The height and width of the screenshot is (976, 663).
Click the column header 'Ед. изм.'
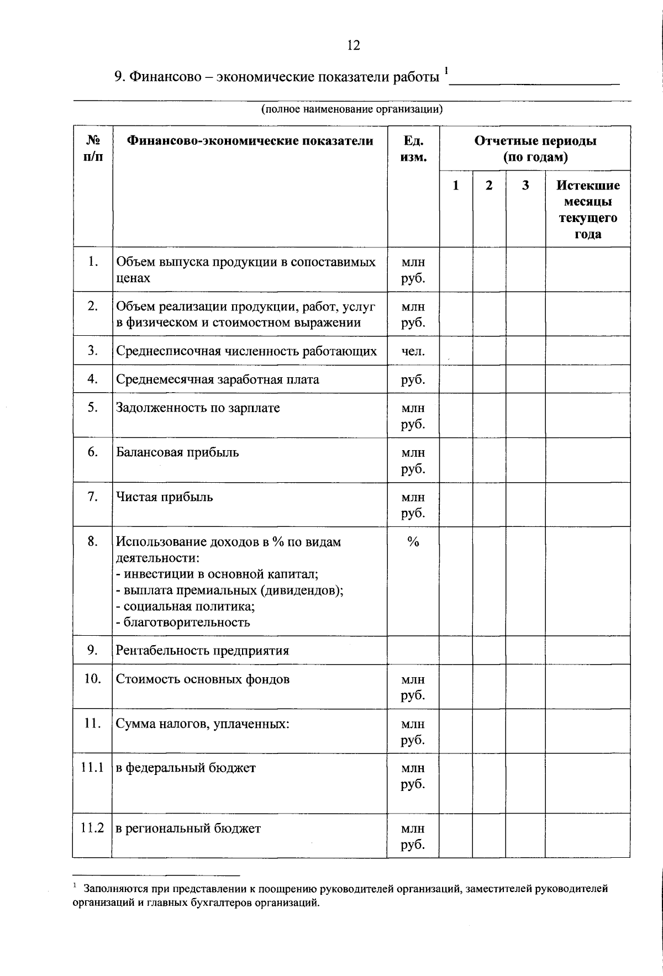click(413, 149)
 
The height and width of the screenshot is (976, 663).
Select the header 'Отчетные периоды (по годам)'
click(535, 149)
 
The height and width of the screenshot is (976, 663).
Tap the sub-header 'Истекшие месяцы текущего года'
click(587, 209)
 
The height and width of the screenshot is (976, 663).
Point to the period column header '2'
click(489, 186)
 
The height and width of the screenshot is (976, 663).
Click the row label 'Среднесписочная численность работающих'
click(246, 351)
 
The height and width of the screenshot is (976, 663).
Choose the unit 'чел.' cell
click(413, 351)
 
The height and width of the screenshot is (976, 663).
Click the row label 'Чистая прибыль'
click(164, 497)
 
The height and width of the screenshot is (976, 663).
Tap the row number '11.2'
click(92, 828)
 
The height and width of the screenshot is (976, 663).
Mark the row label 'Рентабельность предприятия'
click(202, 650)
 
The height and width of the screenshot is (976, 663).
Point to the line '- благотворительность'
click(183, 622)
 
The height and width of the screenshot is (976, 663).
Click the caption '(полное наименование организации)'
click(352, 109)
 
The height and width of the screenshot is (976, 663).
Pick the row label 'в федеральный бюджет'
click(186, 767)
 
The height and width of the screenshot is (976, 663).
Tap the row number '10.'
click(92, 678)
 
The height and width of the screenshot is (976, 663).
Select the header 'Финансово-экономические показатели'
click(250, 141)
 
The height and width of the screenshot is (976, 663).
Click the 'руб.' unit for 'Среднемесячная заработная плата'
click(413, 379)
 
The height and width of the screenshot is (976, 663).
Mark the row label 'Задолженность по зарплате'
click(198, 408)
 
